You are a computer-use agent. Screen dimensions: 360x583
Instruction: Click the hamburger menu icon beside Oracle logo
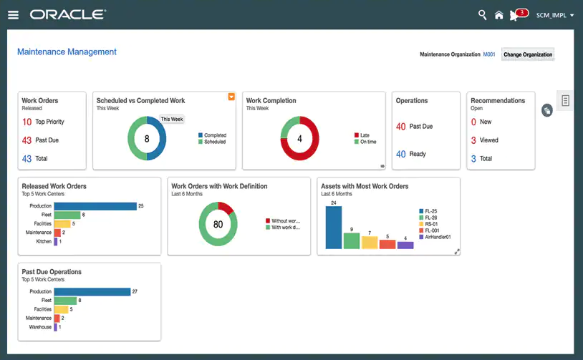[x=14, y=14]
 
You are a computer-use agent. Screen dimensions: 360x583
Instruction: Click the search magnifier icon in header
[x=482, y=15]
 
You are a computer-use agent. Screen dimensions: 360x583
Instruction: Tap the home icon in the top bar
[x=498, y=15]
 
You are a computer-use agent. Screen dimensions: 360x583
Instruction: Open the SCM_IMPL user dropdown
[x=555, y=15]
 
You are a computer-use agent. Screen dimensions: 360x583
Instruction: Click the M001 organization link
[x=489, y=54]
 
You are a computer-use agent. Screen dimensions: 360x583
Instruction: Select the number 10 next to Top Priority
[x=26, y=122]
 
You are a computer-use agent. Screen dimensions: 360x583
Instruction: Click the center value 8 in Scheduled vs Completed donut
[x=147, y=139]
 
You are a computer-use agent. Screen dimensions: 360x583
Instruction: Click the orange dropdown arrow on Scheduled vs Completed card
[x=231, y=97]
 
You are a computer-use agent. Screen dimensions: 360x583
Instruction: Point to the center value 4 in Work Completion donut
[x=299, y=139]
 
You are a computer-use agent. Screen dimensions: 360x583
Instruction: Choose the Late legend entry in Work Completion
[x=364, y=135]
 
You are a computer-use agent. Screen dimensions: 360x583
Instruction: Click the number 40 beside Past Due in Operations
[x=401, y=127]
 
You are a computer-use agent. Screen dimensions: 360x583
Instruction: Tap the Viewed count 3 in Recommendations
[x=473, y=140]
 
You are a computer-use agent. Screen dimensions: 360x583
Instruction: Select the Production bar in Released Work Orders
[x=95, y=206]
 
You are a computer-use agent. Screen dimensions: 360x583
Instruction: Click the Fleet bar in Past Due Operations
[x=66, y=301]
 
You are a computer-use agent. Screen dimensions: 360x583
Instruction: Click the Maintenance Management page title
[x=67, y=52]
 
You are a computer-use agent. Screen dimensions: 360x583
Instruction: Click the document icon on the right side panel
[x=565, y=101]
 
